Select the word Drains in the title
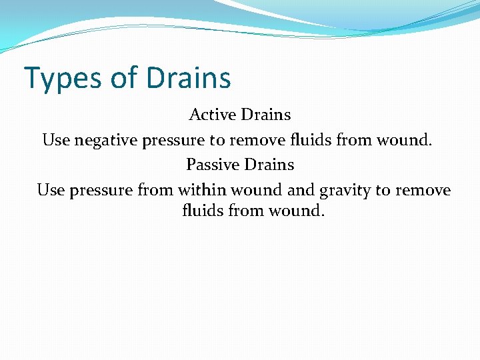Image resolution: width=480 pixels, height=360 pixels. coord(189,78)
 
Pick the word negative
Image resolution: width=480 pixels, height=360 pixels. coord(107,140)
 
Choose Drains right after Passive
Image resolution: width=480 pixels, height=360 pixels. coord(269,164)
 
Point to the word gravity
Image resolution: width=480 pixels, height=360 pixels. coord(345,191)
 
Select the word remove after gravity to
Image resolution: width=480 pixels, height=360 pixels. coord(423,190)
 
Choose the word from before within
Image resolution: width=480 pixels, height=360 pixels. coord(155,190)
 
